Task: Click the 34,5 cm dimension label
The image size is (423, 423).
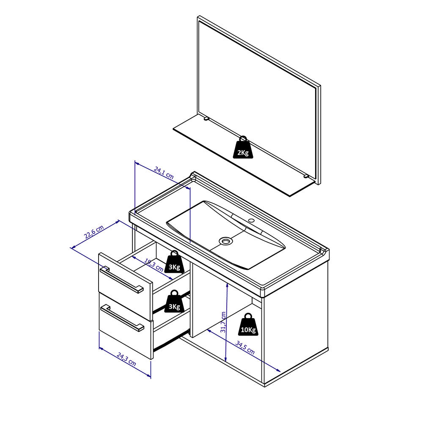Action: (x=245, y=347)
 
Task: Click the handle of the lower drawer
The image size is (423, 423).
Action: (x=122, y=318)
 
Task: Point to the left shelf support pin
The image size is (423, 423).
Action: (x=206, y=119)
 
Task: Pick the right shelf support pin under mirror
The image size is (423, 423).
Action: (x=306, y=176)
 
